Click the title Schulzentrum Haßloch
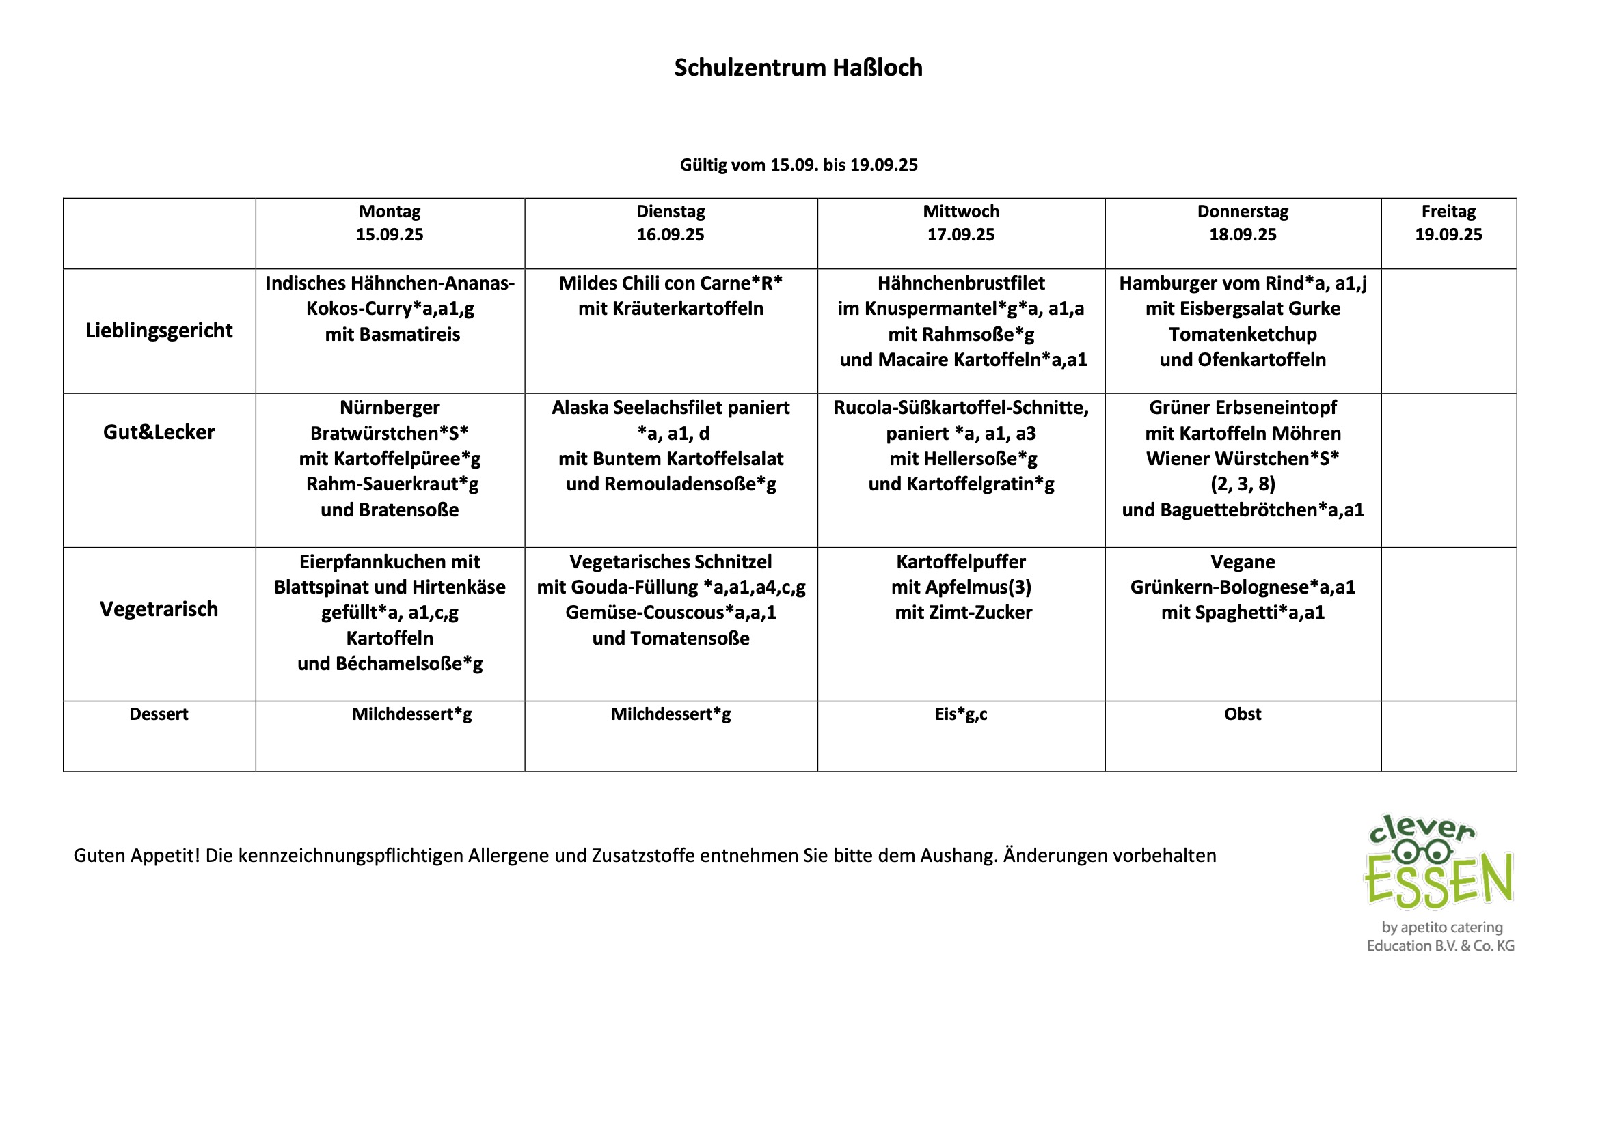pyautogui.click(x=798, y=68)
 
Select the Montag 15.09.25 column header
pyautogui.click(x=389, y=223)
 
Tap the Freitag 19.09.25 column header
pyautogui.click(x=1448, y=223)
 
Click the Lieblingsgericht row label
pyautogui.click(x=159, y=331)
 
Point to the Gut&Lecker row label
pyautogui.click(x=159, y=432)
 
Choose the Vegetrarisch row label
pyautogui.click(x=159, y=609)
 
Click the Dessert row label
pyautogui.click(x=159, y=714)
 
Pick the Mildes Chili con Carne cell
pyautogui.click(x=671, y=296)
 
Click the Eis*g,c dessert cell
pyautogui.click(x=960, y=714)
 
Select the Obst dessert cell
pyautogui.click(x=1243, y=714)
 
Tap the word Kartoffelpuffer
pyautogui.click(x=960, y=561)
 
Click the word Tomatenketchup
pyautogui.click(x=1243, y=335)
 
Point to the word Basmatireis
pyautogui.click(x=420, y=335)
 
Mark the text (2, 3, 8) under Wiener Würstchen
pyautogui.click(x=1243, y=484)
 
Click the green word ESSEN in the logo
pyautogui.click(x=1438, y=882)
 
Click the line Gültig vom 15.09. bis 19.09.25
pyautogui.click(x=798, y=165)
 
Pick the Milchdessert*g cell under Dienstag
pyautogui.click(x=671, y=714)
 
